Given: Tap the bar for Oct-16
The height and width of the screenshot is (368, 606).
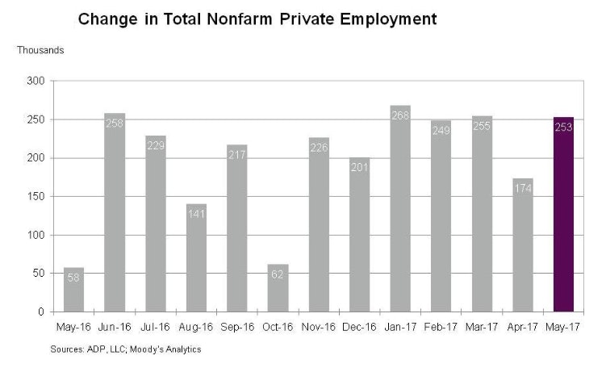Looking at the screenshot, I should tap(278, 287).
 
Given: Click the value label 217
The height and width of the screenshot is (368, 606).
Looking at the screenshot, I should tap(237, 155).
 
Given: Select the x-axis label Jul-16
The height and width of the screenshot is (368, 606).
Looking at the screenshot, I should tap(155, 328).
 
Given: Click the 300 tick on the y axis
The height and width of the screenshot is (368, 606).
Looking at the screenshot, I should tap(36, 81).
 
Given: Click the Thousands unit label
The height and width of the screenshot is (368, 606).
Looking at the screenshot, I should tap(40, 50).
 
